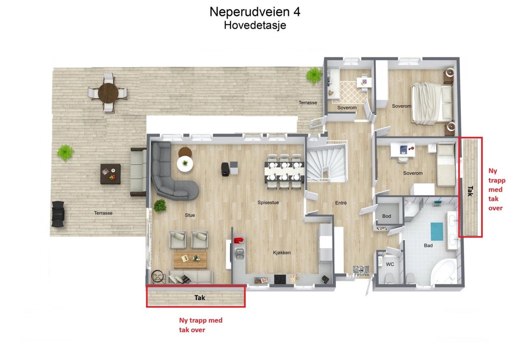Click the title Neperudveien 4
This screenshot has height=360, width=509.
point(255,12)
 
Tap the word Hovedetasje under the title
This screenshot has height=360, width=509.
point(255,25)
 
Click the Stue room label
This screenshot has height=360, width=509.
point(190,215)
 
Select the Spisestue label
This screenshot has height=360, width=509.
point(268,203)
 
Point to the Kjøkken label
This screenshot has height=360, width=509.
point(282,253)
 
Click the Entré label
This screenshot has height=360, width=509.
point(341,203)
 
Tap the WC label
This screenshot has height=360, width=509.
point(390,264)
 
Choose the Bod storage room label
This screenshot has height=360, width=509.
point(386,216)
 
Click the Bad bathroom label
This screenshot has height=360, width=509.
point(428,246)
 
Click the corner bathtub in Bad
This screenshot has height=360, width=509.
point(443,272)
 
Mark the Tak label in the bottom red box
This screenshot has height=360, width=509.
point(199,298)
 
